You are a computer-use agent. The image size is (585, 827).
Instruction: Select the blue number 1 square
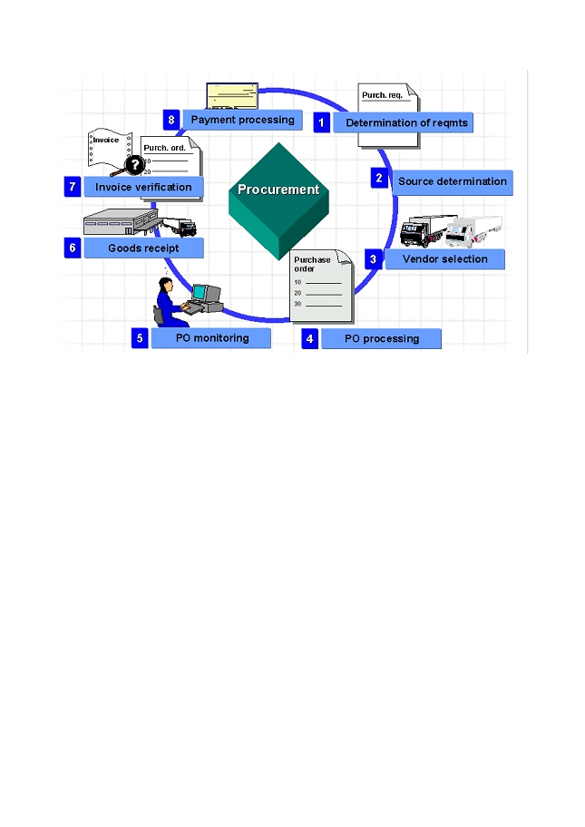coord(321,122)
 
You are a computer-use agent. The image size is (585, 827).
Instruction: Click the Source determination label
coord(452,181)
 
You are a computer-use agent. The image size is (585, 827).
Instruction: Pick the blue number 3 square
coord(373,258)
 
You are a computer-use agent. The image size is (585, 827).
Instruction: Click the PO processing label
coord(382,339)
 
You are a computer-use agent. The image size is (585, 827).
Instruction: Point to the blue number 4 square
coord(310,339)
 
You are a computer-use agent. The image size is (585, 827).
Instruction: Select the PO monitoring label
coord(211,338)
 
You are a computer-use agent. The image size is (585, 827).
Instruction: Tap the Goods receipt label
coord(143,248)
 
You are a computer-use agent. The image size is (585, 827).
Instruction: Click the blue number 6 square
coord(73,248)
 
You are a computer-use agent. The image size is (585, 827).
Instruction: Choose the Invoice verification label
coord(143,187)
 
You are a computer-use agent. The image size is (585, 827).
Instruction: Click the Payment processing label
coord(242,120)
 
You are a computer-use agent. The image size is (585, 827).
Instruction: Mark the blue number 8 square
coord(171,120)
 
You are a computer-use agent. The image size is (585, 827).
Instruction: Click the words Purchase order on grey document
coord(312,264)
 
